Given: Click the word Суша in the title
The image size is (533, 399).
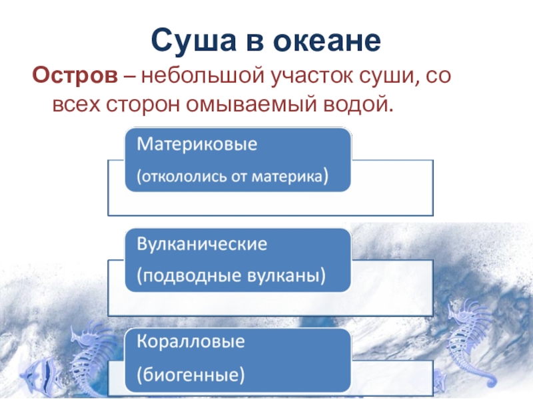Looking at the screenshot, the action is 193,40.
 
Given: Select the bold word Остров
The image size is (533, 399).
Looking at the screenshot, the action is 75,74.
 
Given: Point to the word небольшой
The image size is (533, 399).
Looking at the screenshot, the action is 203,74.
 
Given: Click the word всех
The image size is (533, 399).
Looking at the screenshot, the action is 77,104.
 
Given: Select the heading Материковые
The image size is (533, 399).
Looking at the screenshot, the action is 197,144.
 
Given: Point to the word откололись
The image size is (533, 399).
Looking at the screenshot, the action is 184,177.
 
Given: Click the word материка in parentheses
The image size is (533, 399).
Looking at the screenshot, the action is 289,177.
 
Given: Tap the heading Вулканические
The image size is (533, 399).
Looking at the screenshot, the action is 202,244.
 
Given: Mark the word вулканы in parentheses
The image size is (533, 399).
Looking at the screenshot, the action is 286,276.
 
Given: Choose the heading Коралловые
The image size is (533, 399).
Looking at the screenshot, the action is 191,342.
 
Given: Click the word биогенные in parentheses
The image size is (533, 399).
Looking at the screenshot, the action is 191,375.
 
